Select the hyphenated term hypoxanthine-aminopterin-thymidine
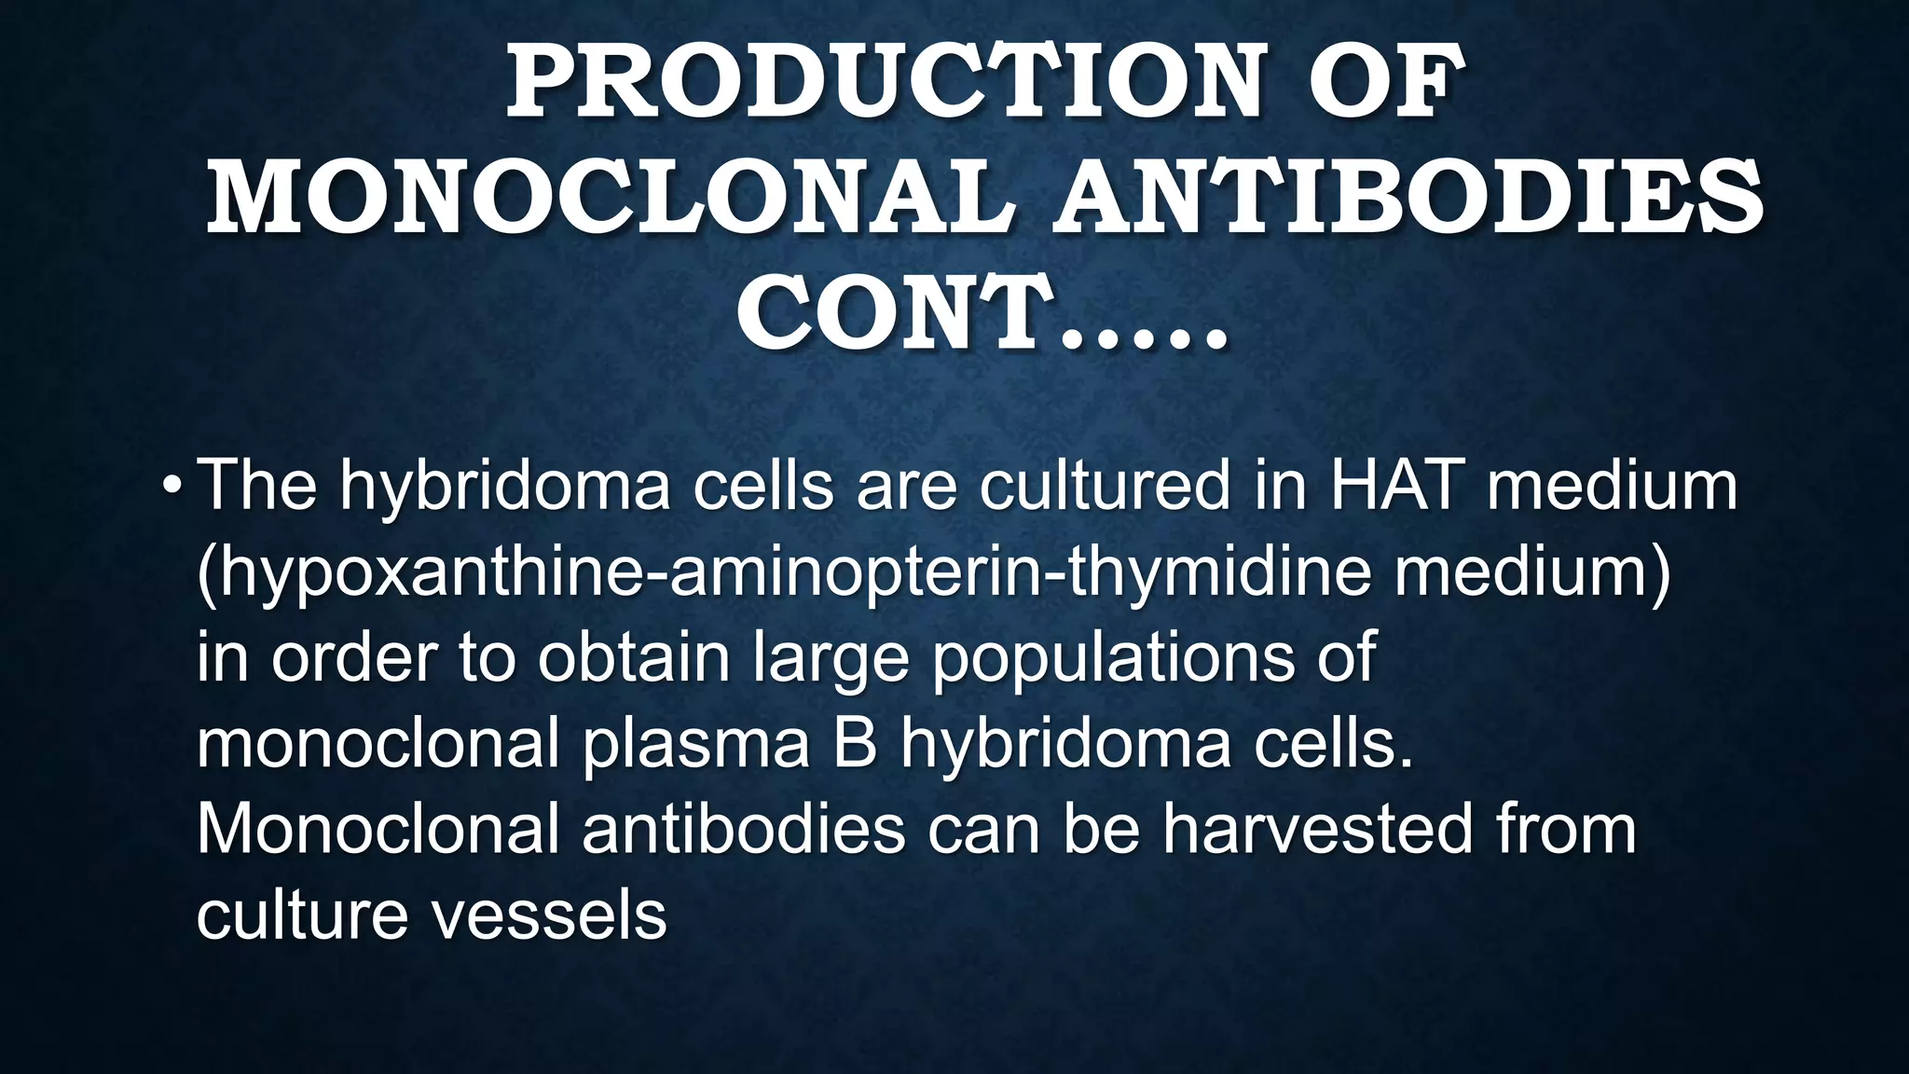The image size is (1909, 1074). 783,572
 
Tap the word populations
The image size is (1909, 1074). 1113,658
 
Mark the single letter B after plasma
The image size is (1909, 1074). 855,743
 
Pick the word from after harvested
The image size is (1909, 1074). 1566,828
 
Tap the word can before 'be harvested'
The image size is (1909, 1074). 982,828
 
